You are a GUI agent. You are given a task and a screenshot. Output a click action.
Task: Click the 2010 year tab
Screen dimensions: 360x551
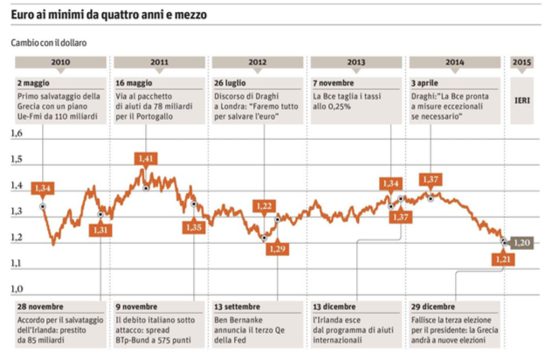click(x=61, y=63)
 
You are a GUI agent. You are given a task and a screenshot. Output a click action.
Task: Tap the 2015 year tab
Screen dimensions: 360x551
click(x=522, y=63)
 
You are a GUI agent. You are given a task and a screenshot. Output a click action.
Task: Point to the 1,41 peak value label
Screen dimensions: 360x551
click(x=147, y=158)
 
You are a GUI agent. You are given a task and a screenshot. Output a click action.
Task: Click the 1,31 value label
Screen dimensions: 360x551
click(x=100, y=229)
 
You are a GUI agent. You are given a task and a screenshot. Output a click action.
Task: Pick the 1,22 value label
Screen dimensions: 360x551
click(x=264, y=205)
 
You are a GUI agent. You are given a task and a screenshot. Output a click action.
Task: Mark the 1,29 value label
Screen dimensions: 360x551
click(x=278, y=249)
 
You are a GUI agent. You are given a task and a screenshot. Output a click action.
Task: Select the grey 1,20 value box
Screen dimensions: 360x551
click(x=522, y=242)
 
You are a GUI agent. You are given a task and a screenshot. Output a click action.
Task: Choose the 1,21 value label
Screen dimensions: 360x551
click(x=504, y=260)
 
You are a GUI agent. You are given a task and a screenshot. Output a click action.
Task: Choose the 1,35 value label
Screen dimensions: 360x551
click(x=194, y=226)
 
